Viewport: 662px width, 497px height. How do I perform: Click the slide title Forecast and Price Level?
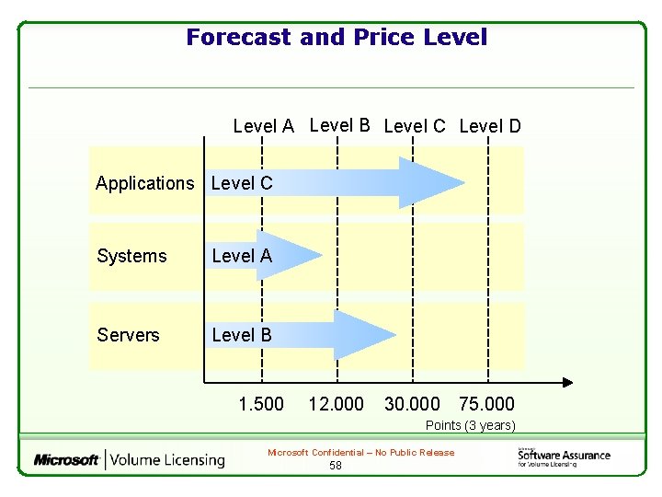point(337,38)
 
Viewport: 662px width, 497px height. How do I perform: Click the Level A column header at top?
point(264,126)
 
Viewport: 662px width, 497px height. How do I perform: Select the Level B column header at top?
point(339,125)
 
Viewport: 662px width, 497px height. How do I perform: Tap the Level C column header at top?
point(414,126)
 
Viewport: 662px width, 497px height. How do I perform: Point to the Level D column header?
point(489,126)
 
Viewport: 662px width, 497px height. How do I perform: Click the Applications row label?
point(145,183)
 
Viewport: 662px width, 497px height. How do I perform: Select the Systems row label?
point(131,256)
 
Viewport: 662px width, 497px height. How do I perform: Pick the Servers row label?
point(128,335)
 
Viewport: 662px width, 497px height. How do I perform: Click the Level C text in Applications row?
point(242,183)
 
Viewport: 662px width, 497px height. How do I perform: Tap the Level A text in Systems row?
point(242,256)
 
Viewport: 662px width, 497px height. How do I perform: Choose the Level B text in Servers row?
point(242,335)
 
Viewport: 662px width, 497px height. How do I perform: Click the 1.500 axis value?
point(261,404)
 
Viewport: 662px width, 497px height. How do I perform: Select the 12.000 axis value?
point(336,404)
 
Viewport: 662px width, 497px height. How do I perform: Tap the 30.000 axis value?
point(412,404)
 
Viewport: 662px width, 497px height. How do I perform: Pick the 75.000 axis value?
point(487,404)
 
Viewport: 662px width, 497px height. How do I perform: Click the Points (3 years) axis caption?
point(470,425)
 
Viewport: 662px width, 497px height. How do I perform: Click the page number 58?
point(336,466)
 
